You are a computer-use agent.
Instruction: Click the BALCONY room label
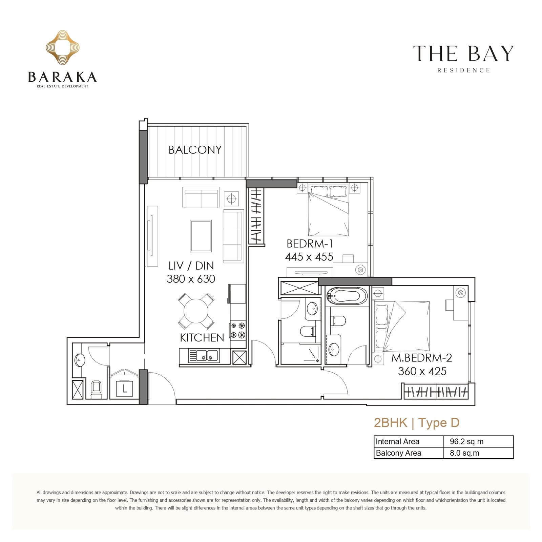tap(195, 150)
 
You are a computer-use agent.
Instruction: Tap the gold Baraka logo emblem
tap(63, 47)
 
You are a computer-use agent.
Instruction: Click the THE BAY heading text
tap(463, 54)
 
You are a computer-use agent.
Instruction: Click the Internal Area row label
tap(397, 442)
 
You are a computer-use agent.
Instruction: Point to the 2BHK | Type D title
tap(417, 423)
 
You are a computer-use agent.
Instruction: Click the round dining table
tap(196, 311)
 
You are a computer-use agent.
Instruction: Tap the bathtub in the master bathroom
tap(347, 296)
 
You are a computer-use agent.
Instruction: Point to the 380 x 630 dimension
tap(191, 279)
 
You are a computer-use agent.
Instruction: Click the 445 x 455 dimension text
tap(309, 257)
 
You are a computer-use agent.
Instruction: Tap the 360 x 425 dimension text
tap(422, 371)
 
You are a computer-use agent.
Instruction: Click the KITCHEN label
tap(202, 338)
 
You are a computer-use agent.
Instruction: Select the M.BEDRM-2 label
tap(422, 358)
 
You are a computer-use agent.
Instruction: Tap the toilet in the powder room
tap(96, 390)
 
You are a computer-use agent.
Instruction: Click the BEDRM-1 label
tap(310, 244)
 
